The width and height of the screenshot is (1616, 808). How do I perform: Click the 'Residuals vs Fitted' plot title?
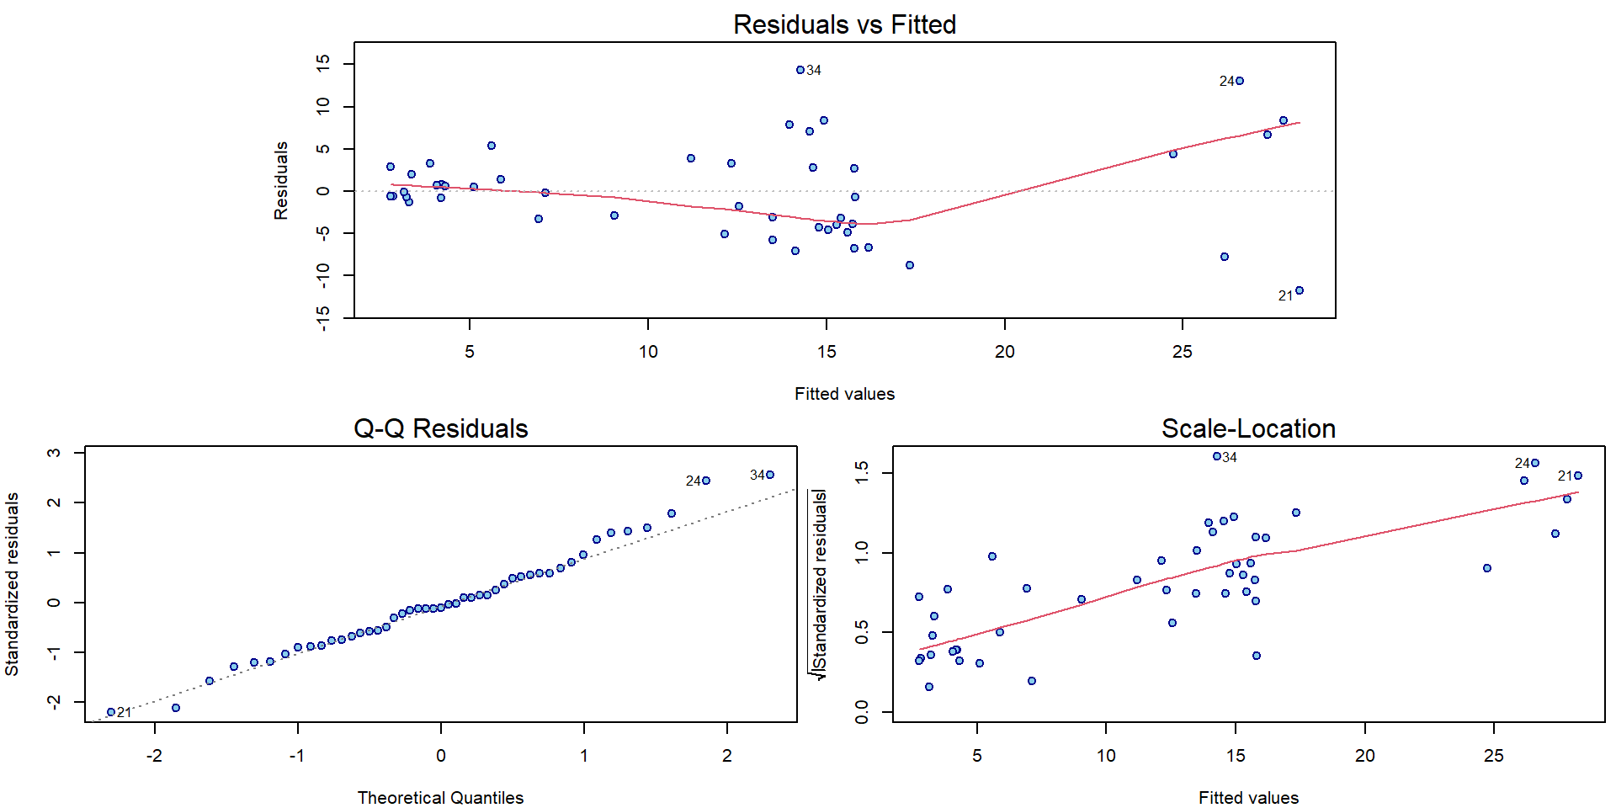point(844,24)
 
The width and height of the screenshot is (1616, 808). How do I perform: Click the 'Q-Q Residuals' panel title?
point(440,428)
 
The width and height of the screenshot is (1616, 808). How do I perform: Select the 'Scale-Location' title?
point(1248,428)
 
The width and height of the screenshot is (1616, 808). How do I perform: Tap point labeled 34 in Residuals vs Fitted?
point(800,70)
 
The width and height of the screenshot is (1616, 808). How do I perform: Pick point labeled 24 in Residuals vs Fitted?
point(1240,81)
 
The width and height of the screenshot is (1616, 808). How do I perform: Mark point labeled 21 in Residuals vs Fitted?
point(1300,290)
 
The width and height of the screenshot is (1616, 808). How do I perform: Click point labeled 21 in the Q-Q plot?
point(111,712)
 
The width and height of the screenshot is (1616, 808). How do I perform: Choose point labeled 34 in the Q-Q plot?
point(770,475)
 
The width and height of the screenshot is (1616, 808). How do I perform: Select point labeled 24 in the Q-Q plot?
point(706,481)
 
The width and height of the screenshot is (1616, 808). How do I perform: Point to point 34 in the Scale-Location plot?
point(1217,456)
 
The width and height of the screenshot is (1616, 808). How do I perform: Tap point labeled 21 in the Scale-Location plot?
point(1578,476)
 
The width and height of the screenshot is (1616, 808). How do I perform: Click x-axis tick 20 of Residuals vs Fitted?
point(1004,352)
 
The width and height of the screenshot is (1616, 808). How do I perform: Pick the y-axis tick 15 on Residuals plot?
point(323,63)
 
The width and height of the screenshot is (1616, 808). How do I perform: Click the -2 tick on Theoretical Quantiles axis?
point(154,756)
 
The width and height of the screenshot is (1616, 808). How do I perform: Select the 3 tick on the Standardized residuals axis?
point(55,453)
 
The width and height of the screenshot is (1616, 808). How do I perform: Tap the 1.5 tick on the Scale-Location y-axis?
point(862,472)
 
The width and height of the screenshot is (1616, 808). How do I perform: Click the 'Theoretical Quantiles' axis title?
point(440,798)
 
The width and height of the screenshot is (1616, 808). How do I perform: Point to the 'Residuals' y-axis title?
point(281,180)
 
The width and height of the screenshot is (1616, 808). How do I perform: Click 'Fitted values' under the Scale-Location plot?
point(1248,798)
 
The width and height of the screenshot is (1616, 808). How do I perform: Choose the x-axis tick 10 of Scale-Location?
point(1106,756)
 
